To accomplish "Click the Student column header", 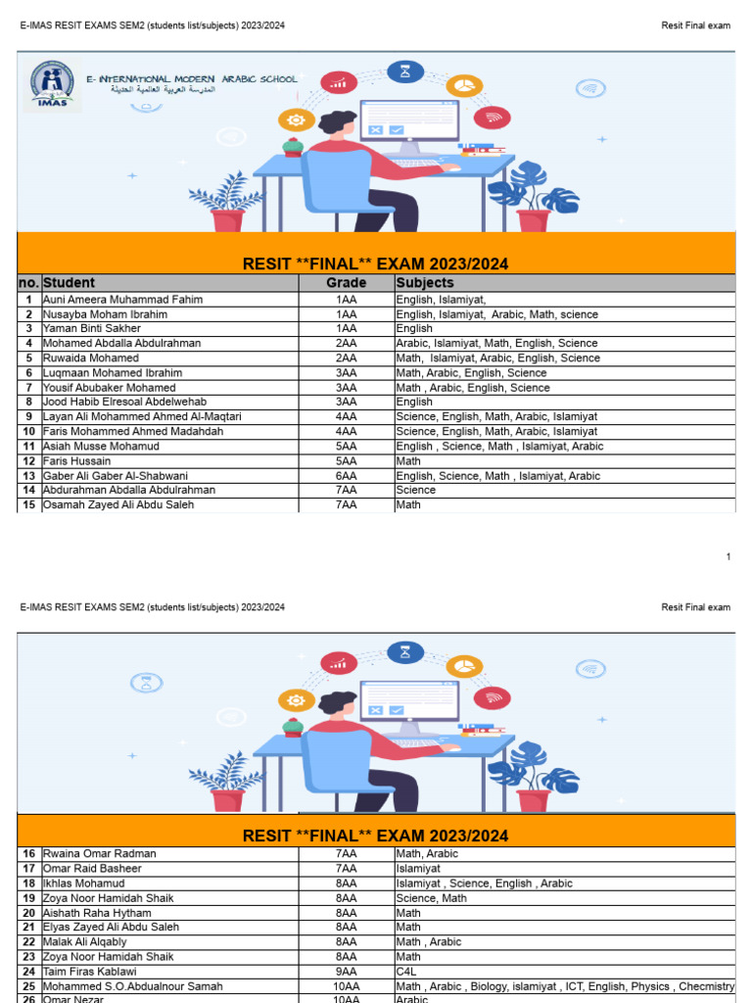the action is pos(69,283).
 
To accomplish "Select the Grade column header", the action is pos(346,283).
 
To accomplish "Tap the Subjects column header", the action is pos(425,283).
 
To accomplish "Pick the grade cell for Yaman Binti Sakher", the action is pos(346,329).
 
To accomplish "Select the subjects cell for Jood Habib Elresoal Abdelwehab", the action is pos(414,402).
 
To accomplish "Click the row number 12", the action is pos(29,460).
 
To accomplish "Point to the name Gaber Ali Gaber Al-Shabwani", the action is pos(116,476).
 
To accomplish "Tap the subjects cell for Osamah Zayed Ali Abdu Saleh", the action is pos(408,504).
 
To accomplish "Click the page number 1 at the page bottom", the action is pos(728,556).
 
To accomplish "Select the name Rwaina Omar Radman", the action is pos(100,854).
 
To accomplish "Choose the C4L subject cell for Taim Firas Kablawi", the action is pos(407,972).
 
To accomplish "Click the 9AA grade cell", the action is pos(346,972).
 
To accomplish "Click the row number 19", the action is pos(29,898).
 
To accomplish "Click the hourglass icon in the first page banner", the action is pos(404,71).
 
